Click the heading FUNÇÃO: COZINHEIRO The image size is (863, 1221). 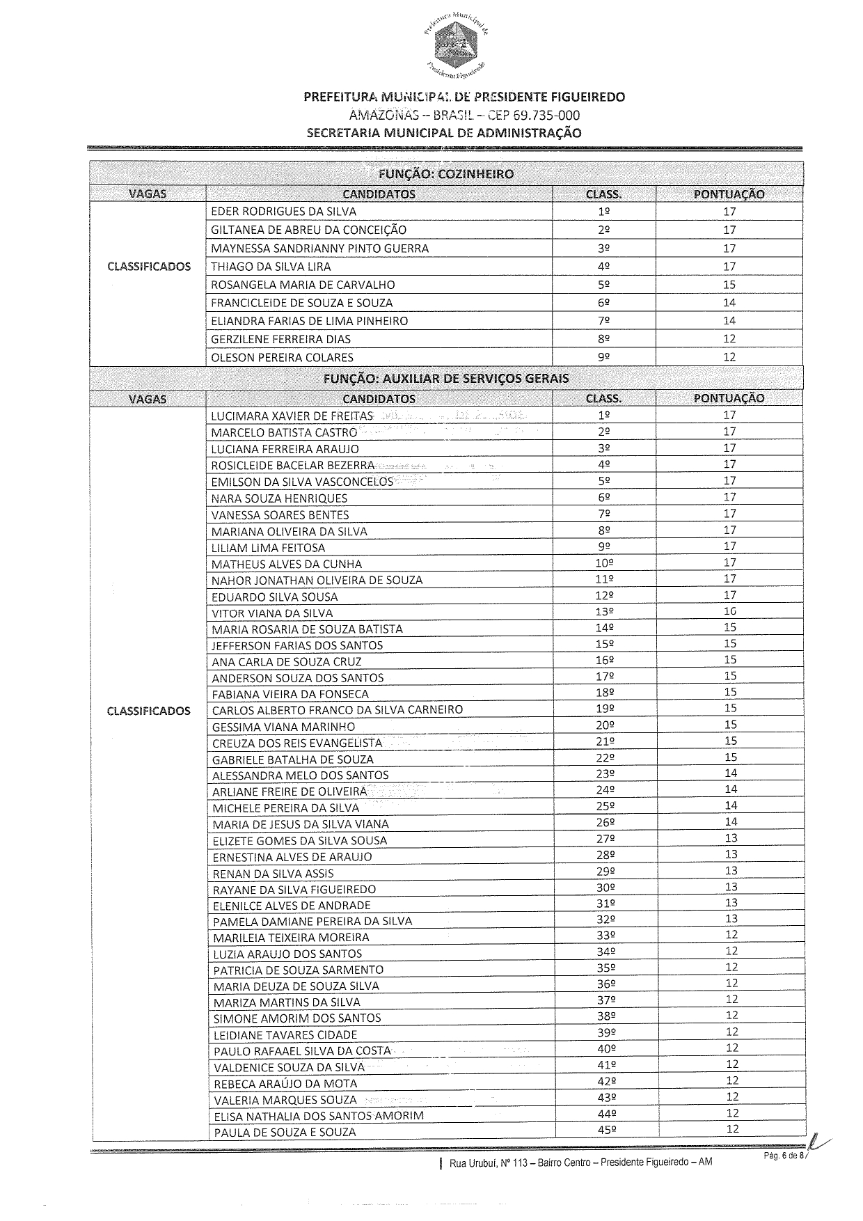tap(446, 174)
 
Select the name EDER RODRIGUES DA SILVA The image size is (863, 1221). tap(283, 212)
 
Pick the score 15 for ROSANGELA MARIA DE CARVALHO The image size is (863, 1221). tap(729, 284)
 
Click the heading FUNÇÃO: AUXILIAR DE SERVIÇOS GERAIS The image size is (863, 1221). tap(446, 379)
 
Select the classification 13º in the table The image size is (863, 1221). tap(604, 612)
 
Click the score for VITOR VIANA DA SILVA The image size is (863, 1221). tap(729, 611)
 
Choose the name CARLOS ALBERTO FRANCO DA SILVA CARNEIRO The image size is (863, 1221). tap(338, 710)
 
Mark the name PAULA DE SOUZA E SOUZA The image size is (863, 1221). tap(285, 1133)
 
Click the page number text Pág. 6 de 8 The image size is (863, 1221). tap(784, 1156)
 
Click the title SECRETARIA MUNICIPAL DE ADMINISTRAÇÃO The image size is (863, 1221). tap(443, 133)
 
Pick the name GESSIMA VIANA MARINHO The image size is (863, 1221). tap(283, 727)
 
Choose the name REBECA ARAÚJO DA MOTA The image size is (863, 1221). tap(285, 1084)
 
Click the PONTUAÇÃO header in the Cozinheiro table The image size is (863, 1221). tap(729, 194)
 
